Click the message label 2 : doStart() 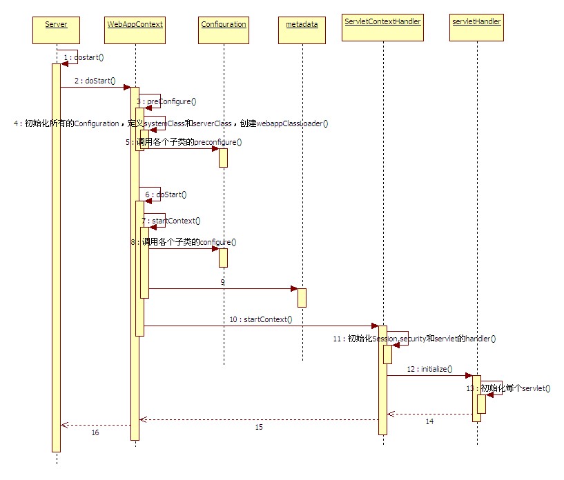(x=95, y=81)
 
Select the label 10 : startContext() (x=261, y=319)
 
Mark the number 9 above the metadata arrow (x=223, y=283)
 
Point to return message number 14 (x=429, y=421)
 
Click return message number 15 (x=259, y=428)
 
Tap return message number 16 (x=95, y=432)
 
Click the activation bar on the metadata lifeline (x=302, y=297)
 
